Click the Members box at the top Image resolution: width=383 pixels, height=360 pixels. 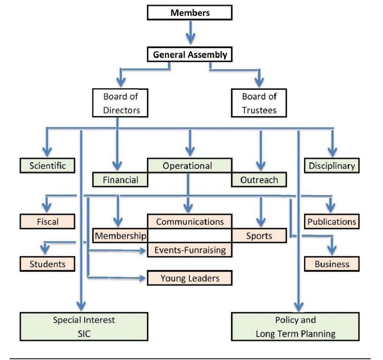click(x=190, y=13)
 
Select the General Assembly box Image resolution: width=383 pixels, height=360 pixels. click(x=190, y=55)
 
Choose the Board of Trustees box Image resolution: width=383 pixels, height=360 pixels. click(x=259, y=103)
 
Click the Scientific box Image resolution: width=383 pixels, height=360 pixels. click(x=47, y=165)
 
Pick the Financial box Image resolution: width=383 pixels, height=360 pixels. click(x=120, y=180)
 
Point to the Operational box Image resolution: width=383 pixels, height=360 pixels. click(x=189, y=165)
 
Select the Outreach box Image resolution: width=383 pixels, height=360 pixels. click(x=259, y=180)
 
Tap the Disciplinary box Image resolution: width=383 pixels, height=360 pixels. click(x=332, y=165)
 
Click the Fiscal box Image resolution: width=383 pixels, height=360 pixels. click(x=47, y=222)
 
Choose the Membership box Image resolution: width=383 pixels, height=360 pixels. click(x=120, y=236)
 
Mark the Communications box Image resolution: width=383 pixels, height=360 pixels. click(x=190, y=221)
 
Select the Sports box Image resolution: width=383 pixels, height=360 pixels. click(x=259, y=236)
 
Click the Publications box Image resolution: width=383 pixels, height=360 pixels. click(x=332, y=222)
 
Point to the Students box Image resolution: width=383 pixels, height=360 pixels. click(x=47, y=264)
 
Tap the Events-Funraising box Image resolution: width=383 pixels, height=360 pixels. click(x=190, y=250)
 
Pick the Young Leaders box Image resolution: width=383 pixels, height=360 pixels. click(x=190, y=278)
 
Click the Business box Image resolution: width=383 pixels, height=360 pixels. click(x=332, y=264)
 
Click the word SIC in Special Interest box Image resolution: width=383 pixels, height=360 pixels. click(x=84, y=334)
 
